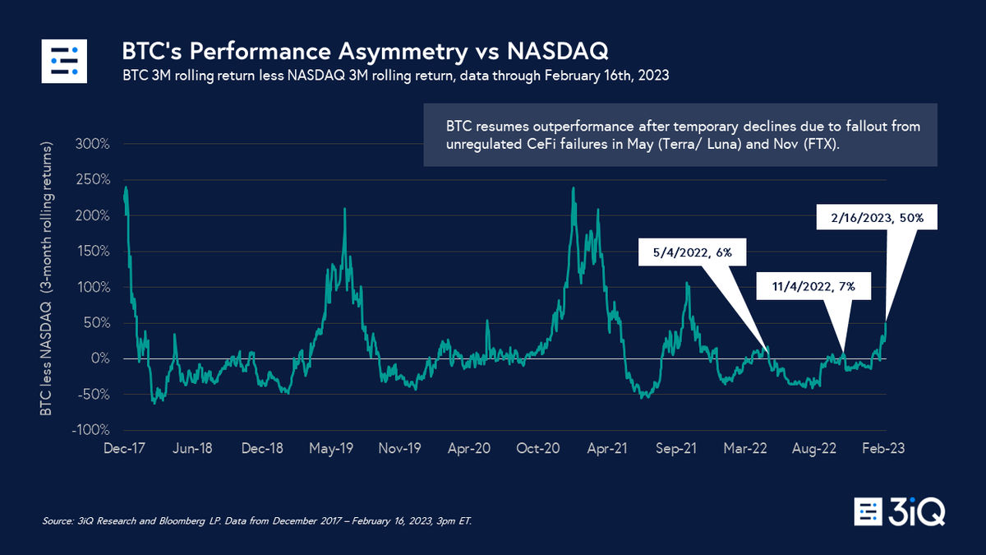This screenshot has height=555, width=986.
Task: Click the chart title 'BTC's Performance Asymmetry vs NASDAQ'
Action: [x=365, y=52]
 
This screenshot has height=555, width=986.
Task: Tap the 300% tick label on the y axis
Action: [x=93, y=144]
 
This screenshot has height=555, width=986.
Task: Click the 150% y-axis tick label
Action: [x=93, y=252]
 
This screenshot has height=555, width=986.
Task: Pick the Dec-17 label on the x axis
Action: [x=123, y=449]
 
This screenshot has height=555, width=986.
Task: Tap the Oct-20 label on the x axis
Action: [x=540, y=449]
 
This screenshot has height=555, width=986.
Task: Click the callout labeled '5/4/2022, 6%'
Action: [x=692, y=254]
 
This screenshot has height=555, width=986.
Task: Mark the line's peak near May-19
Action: [x=344, y=209]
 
